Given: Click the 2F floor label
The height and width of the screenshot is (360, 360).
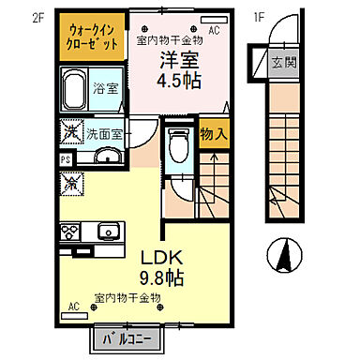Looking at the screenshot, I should pyautogui.click(x=37, y=17).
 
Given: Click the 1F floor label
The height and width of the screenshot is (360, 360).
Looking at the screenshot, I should pyautogui.click(x=258, y=17).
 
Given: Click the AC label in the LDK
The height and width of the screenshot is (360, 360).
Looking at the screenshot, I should pyautogui.click(x=74, y=305).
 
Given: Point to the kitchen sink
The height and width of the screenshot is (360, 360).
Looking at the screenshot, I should pyautogui.click(x=107, y=231).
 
